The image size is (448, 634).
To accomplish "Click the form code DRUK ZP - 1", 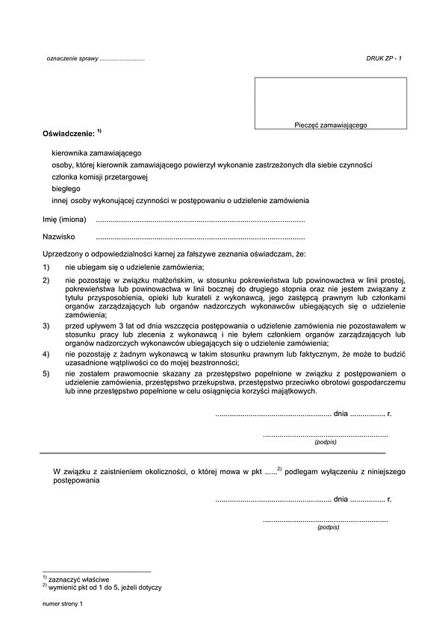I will [x=384, y=58].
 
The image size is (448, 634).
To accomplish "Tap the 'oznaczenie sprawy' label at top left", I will [x=72, y=58].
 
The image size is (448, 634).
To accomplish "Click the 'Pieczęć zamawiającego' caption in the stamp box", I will [x=330, y=127].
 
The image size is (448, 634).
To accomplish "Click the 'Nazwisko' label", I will [x=58, y=237].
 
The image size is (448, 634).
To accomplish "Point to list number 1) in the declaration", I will [x=46, y=267].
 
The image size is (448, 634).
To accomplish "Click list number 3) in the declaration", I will [x=46, y=326].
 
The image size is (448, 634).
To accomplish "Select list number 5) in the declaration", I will [x=46, y=373].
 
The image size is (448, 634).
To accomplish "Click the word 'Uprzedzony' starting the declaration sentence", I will [x=62, y=255].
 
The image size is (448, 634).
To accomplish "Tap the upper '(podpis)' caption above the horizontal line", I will [x=326, y=442].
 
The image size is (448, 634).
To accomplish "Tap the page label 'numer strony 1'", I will [x=65, y=604].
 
